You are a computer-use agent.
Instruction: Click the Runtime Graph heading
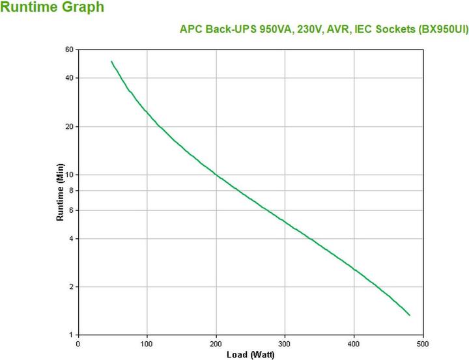pyautogui.click(x=51, y=8)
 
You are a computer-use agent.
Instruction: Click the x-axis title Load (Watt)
pyautogui.click(x=250, y=355)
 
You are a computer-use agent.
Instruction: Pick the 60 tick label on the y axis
pyautogui.click(x=69, y=49)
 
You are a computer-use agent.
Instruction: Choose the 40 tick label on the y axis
pyautogui.click(x=69, y=78)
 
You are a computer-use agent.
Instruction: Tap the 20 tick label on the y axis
pyautogui.click(x=69, y=126)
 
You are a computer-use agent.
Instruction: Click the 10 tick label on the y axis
pyautogui.click(x=69, y=175)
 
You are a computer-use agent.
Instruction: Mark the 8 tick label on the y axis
pyautogui.click(x=71, y=191)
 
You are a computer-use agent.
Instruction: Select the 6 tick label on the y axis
pyautogui.click(x=71, y=210)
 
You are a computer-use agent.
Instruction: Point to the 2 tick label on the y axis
pyautogui.click(x=71, y=287)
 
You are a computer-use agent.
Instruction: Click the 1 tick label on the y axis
pyautogui.click(x=71, y=335)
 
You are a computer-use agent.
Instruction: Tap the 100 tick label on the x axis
pyautogui.click(x=147, y=344)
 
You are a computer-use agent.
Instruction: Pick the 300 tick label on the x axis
pyautogui.click(x=285, y=344)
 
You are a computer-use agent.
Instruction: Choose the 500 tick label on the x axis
pyautogui.click(x=423, y=344)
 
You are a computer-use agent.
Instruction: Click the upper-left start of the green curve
pyautogui.click(x=111, y=61)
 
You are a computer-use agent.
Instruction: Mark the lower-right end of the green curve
pyautogui.click(x=410, y=316)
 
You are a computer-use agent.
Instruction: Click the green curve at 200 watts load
pyautogui.click(x=216, y=174)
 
